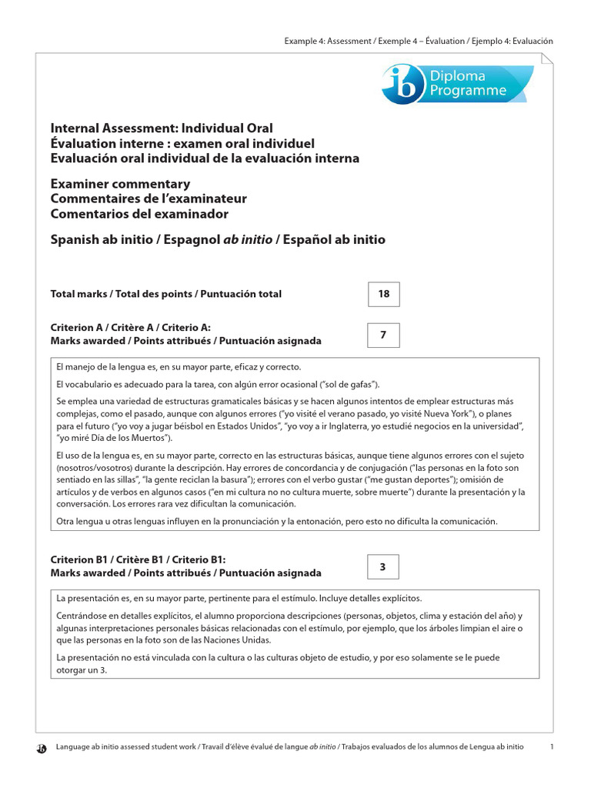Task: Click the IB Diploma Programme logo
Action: (x=457, y=84)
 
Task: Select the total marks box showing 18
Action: (x=383, y=294)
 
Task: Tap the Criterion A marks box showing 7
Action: (x=383, y=335)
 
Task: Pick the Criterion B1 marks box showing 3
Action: (x=383, y=567)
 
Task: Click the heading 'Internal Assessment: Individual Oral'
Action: (x=162, y=129)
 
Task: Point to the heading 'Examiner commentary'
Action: (x=120, y=185)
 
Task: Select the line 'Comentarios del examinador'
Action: (x=139, y=214)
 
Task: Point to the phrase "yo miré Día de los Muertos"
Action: (x=113, y=437)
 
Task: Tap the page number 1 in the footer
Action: (x=552, y=746)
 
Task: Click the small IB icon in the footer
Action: (x=42, y=747)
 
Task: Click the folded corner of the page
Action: (x=546, y=60)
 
